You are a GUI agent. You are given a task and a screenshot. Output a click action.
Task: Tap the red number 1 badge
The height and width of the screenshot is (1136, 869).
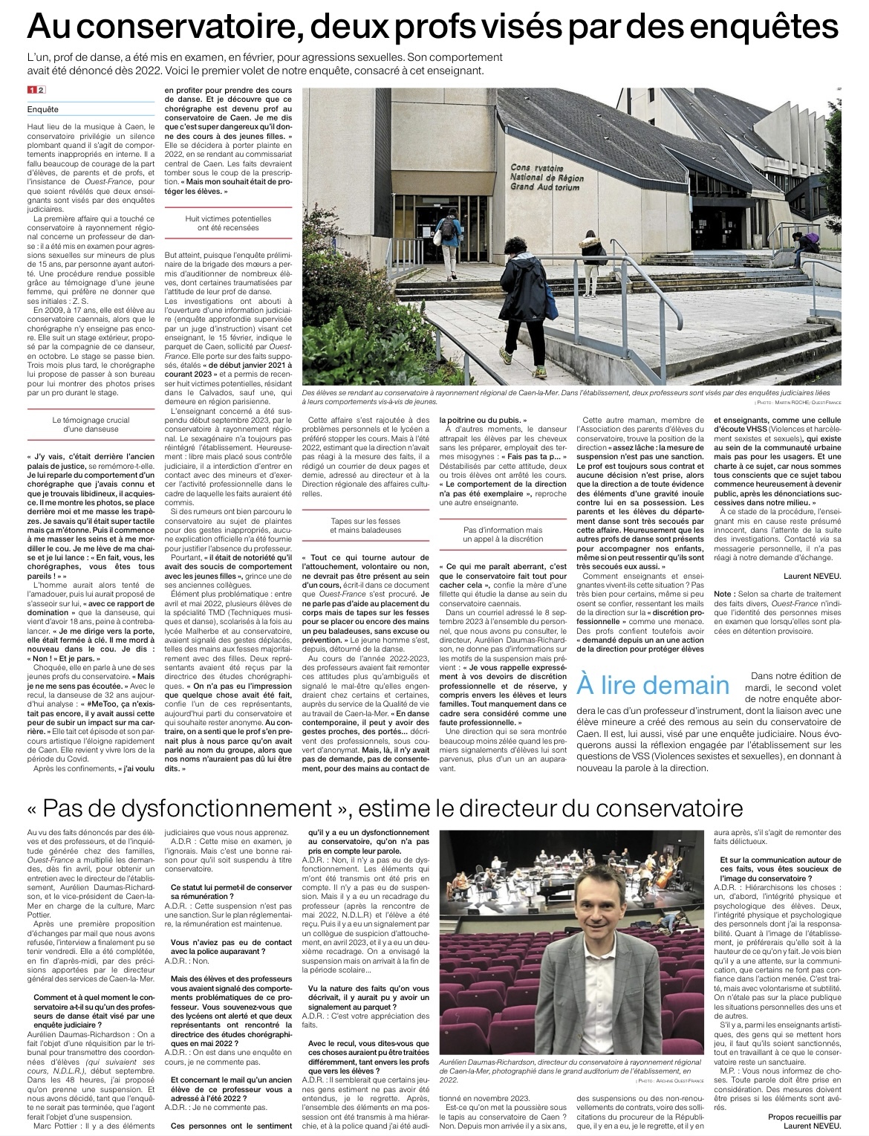[x=32, y=90]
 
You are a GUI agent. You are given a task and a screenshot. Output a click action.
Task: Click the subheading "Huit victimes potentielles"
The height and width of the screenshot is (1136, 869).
[x=228, y=219]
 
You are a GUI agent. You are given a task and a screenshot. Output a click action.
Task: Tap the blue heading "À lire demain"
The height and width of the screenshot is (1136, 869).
[x=653, y=685]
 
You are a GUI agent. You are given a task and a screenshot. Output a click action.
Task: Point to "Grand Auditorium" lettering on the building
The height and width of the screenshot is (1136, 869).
[x=544, y=187]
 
